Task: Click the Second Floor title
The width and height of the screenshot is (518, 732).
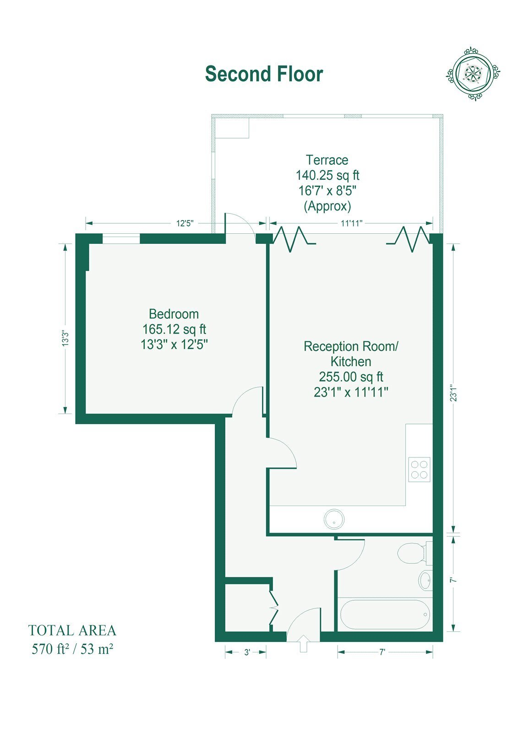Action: coord(264,74)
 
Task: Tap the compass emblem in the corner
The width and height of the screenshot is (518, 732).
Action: coord(473,74)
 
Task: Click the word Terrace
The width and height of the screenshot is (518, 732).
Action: coord(327,160)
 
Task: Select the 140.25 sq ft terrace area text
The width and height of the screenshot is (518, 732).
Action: coord(327,176)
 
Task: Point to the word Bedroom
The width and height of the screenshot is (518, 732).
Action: coord(174,314)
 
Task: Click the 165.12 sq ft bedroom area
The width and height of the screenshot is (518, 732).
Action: coord(174,329)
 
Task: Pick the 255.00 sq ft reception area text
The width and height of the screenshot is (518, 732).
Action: coord(351,377)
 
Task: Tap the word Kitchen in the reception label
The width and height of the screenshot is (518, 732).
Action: coord(351,362)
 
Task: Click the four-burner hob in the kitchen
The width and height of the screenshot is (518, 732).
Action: coord(419,469)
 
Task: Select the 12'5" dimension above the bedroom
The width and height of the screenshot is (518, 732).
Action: coord(185,224)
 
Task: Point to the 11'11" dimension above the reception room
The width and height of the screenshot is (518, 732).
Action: coord(352,224)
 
